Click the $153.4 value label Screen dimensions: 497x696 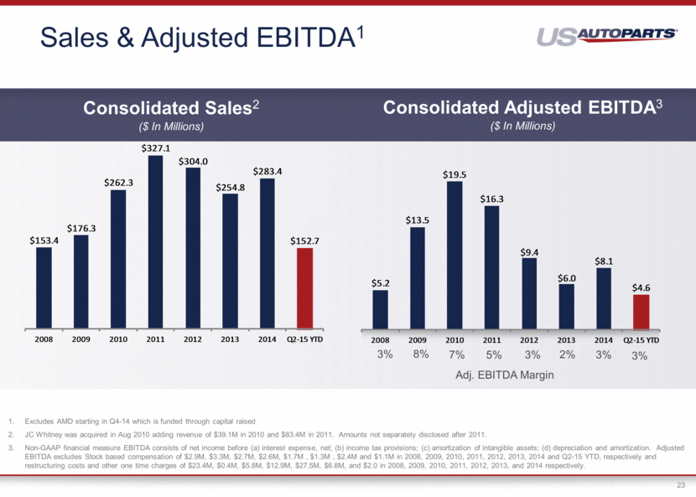pos(44,240)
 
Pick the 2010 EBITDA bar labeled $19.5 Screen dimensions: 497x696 pos(454,255)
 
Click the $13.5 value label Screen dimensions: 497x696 pos(418,220)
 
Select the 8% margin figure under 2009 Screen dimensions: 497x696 pos(421,355)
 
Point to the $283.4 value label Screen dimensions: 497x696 pos(267,171)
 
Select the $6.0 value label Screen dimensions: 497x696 pos(566,277)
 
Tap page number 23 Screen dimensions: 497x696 pos(680,484)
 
